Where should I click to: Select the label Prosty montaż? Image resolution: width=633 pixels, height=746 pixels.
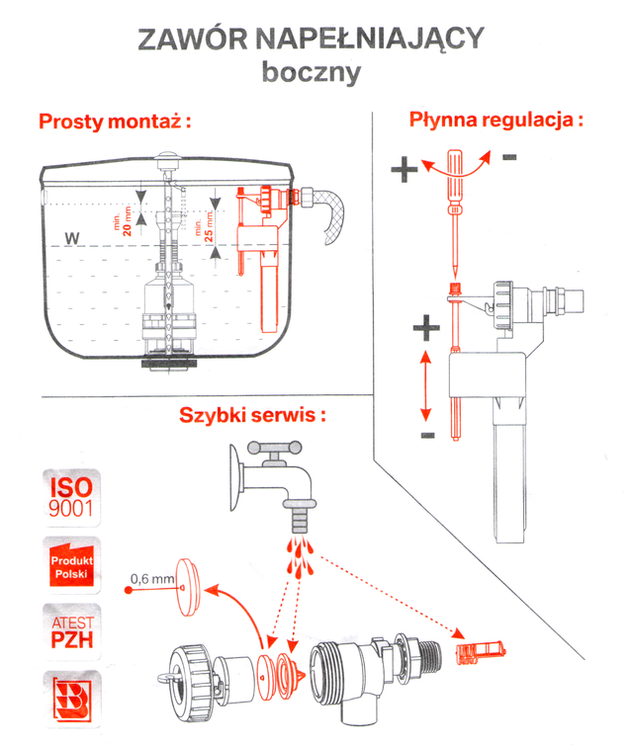115,123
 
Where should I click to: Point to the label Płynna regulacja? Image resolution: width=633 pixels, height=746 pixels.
496,121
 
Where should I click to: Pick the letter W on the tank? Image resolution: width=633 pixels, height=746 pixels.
69,238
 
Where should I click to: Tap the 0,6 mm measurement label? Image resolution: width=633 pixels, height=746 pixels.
153,577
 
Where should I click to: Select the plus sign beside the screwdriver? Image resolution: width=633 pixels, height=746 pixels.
404,170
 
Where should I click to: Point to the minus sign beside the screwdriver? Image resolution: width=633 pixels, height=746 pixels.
508,157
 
